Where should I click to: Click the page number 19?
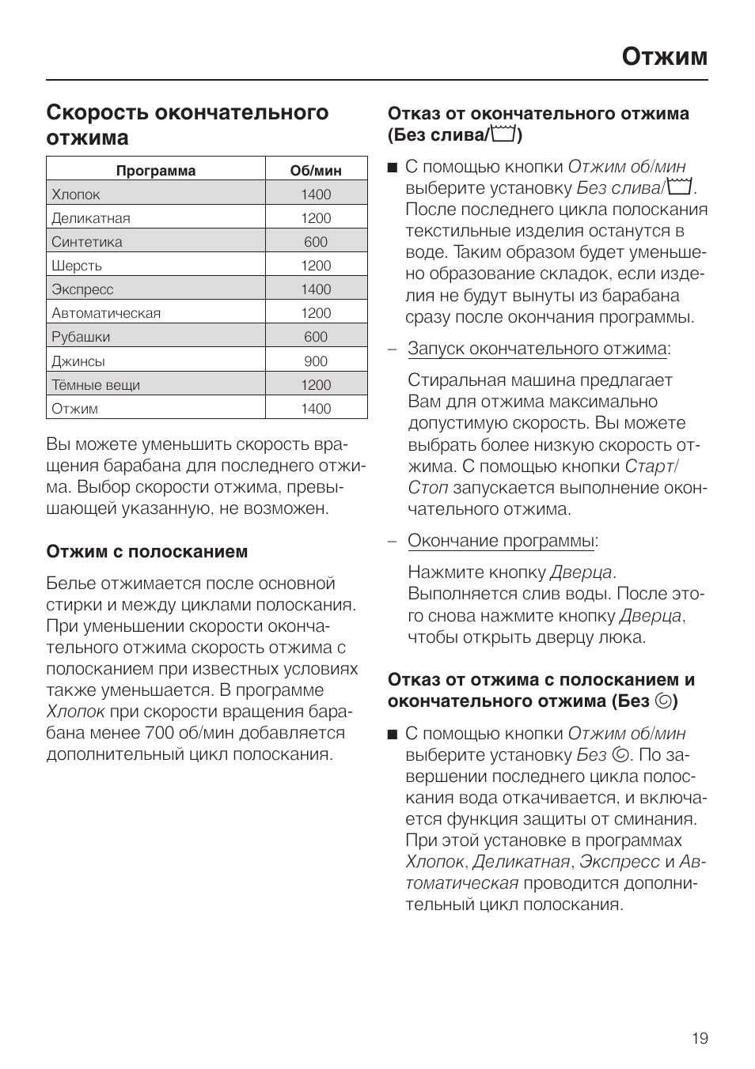[700, 1038]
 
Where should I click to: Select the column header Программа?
[156, 170]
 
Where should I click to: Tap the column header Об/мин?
[316, 170]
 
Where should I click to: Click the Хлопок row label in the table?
[76, 195]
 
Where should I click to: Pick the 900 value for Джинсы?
[316, 361]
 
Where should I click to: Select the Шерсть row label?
[77, 266]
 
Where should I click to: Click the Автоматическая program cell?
[106, 313]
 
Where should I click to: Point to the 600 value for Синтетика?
[316, 242]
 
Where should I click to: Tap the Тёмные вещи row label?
[96, 385]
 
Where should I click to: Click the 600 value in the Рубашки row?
[316, 337]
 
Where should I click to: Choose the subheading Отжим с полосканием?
[147, 551]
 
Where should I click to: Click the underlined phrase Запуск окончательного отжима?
[537, 349]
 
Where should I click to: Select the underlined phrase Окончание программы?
[501, 541]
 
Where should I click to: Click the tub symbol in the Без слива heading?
[503, 135]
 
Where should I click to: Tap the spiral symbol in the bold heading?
[662, 701]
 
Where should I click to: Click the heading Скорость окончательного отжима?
[187, 124]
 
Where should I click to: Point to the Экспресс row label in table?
[82, 289]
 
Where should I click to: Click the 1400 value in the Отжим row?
[316, 409]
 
